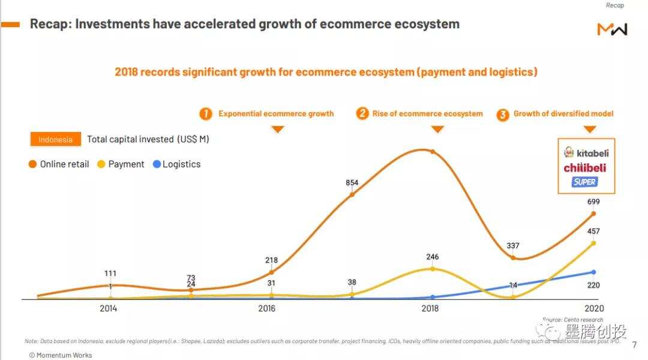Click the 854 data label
(x=352, y=183)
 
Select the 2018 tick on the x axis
(x=430, y=308)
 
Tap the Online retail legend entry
(x=59, y=164)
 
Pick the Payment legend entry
(x=121, y=164)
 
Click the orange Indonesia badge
(x=55, y=139)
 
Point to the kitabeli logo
(x=586, y=153)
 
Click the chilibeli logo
(x=584, y=168)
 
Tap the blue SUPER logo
(x=584, y=182)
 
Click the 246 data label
(x=431, y=257)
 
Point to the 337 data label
(x=512, y=245)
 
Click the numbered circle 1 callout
(x=206, y=113)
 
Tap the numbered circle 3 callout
(x=503, y=114)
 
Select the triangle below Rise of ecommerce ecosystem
(x=437, y=129)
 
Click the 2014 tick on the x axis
(x=108, y=308)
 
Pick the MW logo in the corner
(x=612, y=29)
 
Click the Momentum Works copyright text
(x=61, y=355)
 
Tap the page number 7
(x=635, y=345)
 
